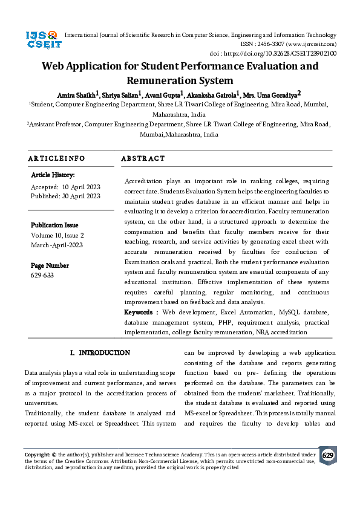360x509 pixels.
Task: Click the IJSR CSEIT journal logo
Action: (41, 40)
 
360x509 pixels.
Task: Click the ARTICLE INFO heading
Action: (56, 158)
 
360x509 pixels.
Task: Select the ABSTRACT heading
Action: (143, 158)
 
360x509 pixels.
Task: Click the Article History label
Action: (53, 175)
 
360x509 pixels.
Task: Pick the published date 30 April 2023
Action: (80, 196)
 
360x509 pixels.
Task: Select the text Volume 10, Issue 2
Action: (57, 235)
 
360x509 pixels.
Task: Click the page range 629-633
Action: (42, 275)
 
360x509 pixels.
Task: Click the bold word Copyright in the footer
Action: (37, 453)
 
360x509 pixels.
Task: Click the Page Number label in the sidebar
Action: (50, 265)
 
